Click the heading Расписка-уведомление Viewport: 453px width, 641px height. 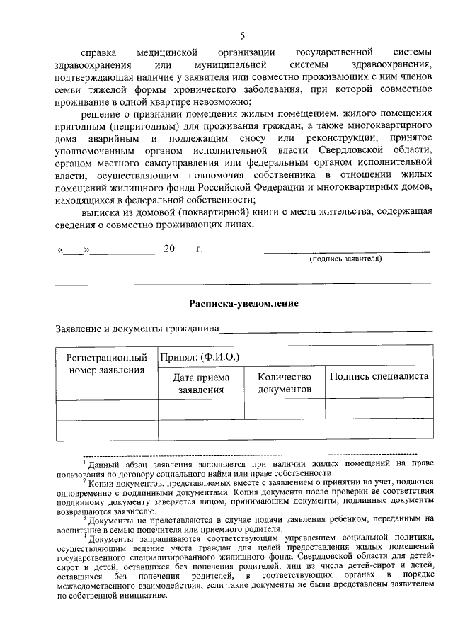tap(243, 303)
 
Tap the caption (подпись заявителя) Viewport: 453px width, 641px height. tap(345, 259)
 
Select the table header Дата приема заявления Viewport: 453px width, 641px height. tap(201, 383)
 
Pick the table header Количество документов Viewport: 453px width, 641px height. tap(285, 383)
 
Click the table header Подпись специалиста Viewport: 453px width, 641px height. tap(379, 376)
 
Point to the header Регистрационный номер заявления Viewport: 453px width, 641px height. tap(107, 364)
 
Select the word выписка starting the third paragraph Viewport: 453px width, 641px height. tap(100, 212)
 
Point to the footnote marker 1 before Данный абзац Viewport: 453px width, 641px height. tap(84, 461)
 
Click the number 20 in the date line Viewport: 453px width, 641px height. tap(169, 249)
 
